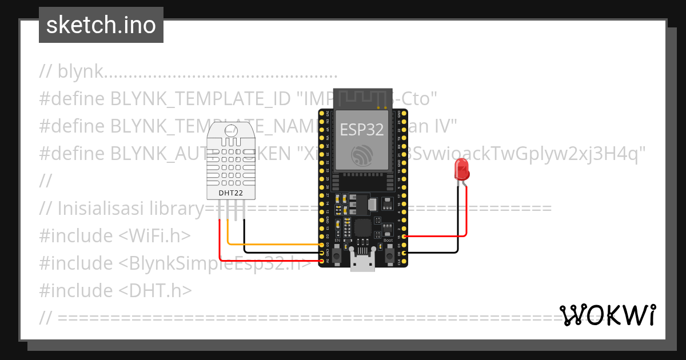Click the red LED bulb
(461, 170)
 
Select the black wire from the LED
(434, 253)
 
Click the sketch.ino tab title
(101, 25)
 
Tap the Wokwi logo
(607, 315)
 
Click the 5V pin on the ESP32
(322, 261)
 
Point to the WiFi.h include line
(114, 236)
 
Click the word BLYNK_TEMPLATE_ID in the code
(201, 99)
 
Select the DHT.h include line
(115, 290)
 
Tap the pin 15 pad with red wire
(405, 236)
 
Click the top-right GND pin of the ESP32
(405, 113)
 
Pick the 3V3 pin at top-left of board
(322, 113)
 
